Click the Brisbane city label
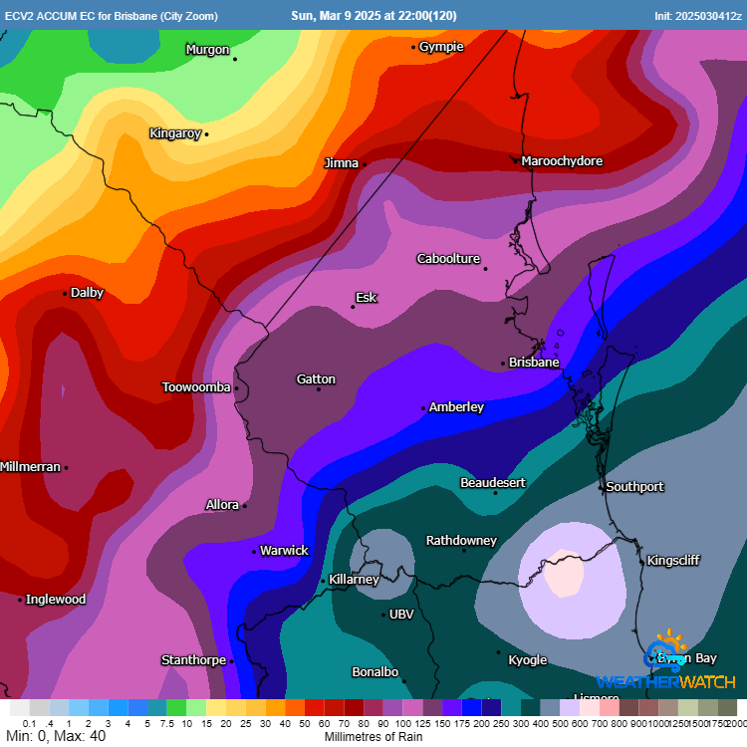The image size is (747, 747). click(534, 363)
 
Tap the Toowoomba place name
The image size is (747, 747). click(196, 387)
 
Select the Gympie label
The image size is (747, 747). click(441, 47)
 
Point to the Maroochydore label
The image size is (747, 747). click(562, 161)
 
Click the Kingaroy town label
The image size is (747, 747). click(175, 133)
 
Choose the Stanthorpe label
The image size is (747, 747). click(193, 660)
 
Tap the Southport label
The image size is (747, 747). click(635, 487)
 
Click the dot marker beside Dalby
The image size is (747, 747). click(66, 294)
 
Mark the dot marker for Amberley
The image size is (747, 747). click(423, 408)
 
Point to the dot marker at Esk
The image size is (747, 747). click(353, 307)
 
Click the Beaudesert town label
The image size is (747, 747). click(492, 483)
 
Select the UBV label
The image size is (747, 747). click(401, 615)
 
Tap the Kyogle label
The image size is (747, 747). click(527, 660)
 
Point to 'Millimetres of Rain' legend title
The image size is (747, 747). click(373, 738)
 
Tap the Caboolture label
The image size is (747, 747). click(448, 259)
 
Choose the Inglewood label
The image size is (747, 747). click(56, 600)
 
